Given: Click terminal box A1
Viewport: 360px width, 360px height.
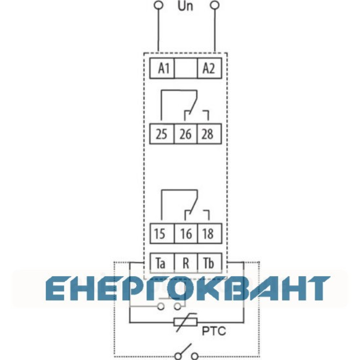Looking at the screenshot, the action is (x=162, y=68).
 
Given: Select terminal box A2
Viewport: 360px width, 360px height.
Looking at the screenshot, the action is (x=210, y=68).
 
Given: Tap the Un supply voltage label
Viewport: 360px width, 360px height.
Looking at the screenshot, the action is (x=185, y=6).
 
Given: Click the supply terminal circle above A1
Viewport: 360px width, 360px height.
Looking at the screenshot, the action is (x=158, y=5).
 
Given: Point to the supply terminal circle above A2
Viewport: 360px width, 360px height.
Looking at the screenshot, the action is (x=215, y=5).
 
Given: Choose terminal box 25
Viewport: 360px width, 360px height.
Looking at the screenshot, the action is (x=162, y=134).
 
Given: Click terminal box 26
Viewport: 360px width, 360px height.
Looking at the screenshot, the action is (x=186, y=134).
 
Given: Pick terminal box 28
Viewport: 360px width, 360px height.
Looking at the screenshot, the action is (x=210, y=134).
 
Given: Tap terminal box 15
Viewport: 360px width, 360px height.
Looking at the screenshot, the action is (x=162, y=234).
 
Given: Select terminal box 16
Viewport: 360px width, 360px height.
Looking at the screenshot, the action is (x=186, y=234).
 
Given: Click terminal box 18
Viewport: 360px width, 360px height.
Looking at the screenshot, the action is (x=210, y=234).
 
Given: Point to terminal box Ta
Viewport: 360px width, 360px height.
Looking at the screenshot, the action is (x=162, y=263).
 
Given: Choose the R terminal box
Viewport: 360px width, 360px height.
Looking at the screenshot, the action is (x=186, y=263).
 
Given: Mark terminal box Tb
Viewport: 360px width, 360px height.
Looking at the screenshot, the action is (x=210, y=263).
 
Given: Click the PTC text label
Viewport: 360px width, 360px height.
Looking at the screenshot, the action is (x=214, y=331).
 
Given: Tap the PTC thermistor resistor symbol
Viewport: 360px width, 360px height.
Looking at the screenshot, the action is (x=185, y=322).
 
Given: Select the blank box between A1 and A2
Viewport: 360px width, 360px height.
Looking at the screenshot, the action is (x=186, y=68).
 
